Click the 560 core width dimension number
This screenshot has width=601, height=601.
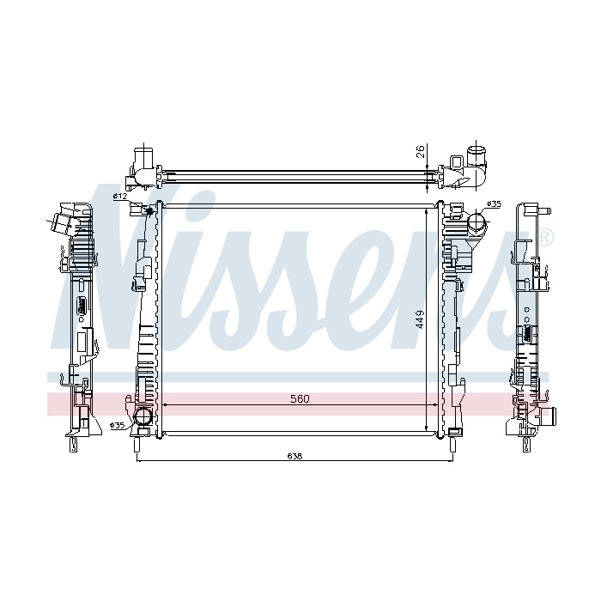coord(300,399)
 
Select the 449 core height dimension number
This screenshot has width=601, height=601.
coord(421,319)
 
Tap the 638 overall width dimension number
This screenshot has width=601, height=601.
coord(294,456)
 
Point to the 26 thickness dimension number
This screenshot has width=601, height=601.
coord(421,151)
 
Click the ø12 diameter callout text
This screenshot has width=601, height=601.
coord(120,197)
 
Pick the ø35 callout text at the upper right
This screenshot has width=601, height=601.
coord(494,204)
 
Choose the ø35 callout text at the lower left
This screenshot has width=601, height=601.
coord(117,425)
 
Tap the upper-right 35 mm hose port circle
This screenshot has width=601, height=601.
coord(476,222)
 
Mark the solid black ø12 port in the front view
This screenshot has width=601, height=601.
coord(150,210)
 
